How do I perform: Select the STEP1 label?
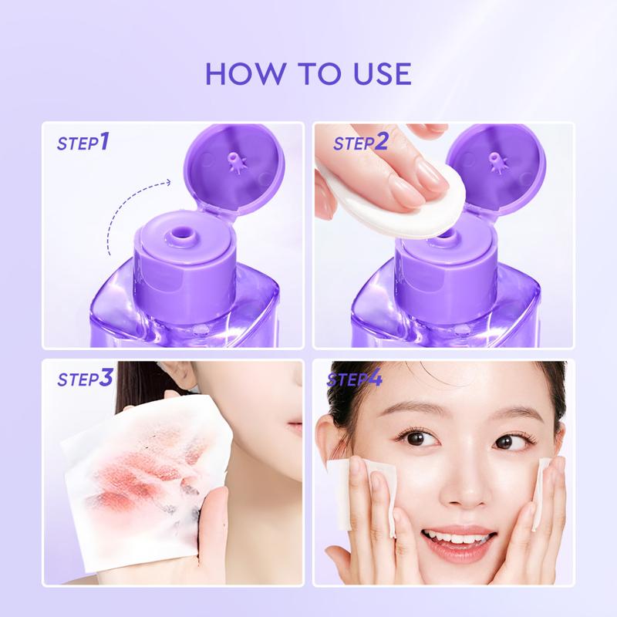click(83, 142)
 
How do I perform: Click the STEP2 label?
click(360, 142)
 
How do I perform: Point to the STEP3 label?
click(85, 378)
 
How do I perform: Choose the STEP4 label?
click(355, 378)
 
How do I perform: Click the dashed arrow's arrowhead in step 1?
click(167, 182)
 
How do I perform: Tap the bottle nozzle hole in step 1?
click(182, 230)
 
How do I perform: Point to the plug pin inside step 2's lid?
click(495, 161)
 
